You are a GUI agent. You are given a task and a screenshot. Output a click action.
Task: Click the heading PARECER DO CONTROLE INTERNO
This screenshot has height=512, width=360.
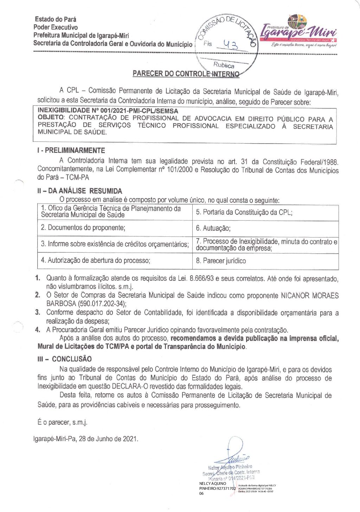[186, 74]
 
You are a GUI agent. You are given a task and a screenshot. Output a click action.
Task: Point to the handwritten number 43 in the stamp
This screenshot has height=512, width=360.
[231, 45]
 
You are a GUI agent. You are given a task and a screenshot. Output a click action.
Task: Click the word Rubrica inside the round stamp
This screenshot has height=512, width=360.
[224, 65]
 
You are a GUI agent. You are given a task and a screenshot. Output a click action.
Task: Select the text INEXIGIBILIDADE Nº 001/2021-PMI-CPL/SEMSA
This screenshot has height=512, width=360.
[108, 110]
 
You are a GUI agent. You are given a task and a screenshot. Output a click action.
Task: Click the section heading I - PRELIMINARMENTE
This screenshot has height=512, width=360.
[71, 151]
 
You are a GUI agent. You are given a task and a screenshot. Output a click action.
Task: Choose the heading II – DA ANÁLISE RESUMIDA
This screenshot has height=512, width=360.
[80, 191]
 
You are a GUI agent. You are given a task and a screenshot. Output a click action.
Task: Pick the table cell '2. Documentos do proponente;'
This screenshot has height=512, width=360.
[83, 228]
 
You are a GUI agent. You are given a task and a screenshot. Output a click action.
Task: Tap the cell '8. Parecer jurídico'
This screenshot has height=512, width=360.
[221, 261]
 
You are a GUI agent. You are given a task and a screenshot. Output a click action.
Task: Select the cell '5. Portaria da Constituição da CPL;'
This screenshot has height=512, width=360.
[244, 212]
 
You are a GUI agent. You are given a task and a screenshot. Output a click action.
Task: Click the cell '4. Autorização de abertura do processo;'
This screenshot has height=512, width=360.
[96, 261]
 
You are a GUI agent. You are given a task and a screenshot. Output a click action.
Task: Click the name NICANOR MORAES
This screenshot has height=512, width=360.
[309, 295]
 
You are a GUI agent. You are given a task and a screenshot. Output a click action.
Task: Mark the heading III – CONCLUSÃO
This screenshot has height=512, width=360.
[65, 359]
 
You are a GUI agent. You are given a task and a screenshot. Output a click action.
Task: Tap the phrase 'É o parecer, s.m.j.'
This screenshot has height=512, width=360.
[63, 422]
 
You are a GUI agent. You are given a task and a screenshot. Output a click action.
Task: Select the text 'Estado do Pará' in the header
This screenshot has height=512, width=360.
[55, 19]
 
